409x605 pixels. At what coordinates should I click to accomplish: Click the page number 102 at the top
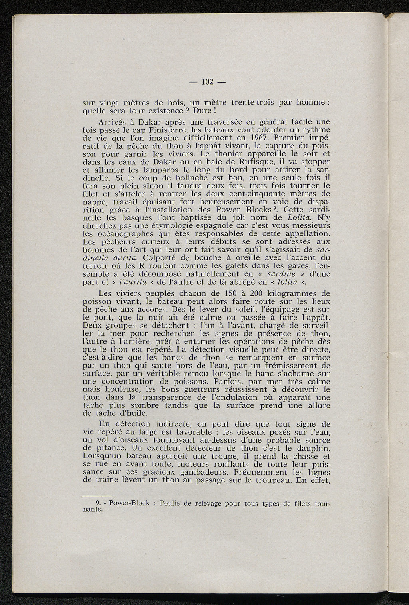coord(207,82)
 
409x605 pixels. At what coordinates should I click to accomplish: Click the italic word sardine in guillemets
coord(281,274)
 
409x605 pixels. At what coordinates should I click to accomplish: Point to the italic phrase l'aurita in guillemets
coord(132,282)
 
